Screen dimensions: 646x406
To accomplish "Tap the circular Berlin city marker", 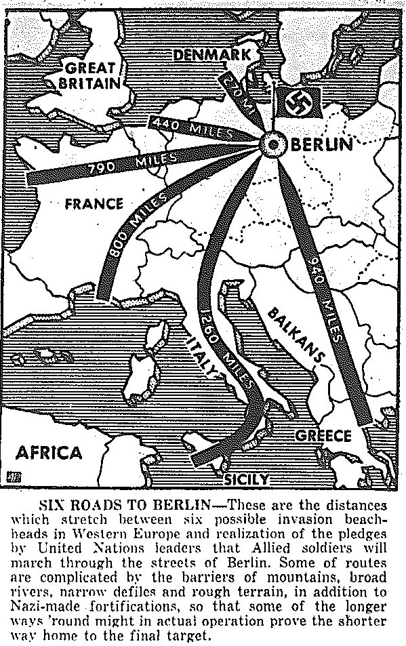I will (275, 144).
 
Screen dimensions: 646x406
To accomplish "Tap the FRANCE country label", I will (94, 203).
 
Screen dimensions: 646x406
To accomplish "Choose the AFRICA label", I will (49, 452).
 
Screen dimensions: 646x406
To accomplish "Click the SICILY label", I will (247, 479).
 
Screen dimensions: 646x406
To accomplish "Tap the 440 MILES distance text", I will (192, 127).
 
